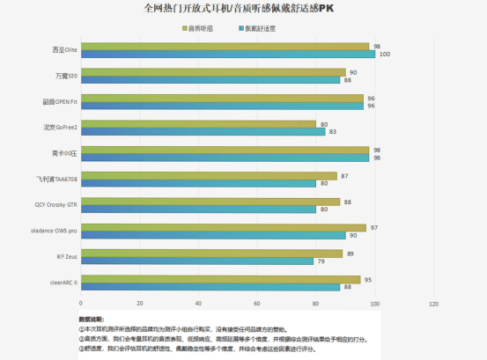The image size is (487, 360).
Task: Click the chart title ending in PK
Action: (244, 8)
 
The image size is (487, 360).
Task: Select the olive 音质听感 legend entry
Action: (201, 28)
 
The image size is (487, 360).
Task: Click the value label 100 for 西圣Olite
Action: (383, 55)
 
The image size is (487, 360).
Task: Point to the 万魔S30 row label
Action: (66, 77)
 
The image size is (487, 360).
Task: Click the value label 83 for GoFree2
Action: (331, 131)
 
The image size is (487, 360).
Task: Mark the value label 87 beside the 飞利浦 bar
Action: (344, 175)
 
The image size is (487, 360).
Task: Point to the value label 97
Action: (373, 226)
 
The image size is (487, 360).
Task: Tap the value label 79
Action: (321, 261)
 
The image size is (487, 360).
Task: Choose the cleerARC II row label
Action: (60, 282)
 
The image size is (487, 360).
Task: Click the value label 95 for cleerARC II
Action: (368, 278)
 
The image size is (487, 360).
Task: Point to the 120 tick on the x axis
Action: (433, 304)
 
